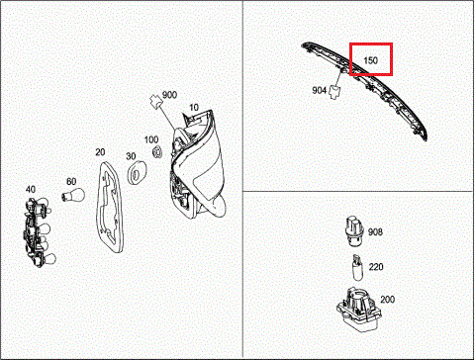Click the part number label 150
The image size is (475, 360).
click(x=370, y=60)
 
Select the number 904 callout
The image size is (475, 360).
click(x=319, y=90)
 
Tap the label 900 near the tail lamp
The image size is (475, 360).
click(x=169, y=95)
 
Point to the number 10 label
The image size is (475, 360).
click(x=194, y=108)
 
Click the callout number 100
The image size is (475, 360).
click(x=151, y=139)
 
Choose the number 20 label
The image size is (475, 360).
click(x=100, y=152)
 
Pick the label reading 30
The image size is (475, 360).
click(x=131, y=156)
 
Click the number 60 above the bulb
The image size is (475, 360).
click(x=71, y=182)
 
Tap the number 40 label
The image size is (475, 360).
click(x=31, y=190)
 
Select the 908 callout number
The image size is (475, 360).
click(x=375, y=232)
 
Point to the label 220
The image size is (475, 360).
click(x=376, y=267)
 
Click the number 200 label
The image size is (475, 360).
click(x=387, y=300)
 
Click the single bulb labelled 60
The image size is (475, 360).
click(x=73, y=195)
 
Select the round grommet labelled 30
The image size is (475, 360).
click(x=137, y=172)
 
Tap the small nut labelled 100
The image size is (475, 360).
click(x=156, y=152)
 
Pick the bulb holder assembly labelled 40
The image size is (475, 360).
click(x=38, y=231)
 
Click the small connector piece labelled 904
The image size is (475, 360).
click(x=335, y=92)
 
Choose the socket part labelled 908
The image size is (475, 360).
click(x=354, y=231)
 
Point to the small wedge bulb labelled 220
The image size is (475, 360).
click(x=357, y=268)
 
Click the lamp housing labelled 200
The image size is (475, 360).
click(x=359, y=310)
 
